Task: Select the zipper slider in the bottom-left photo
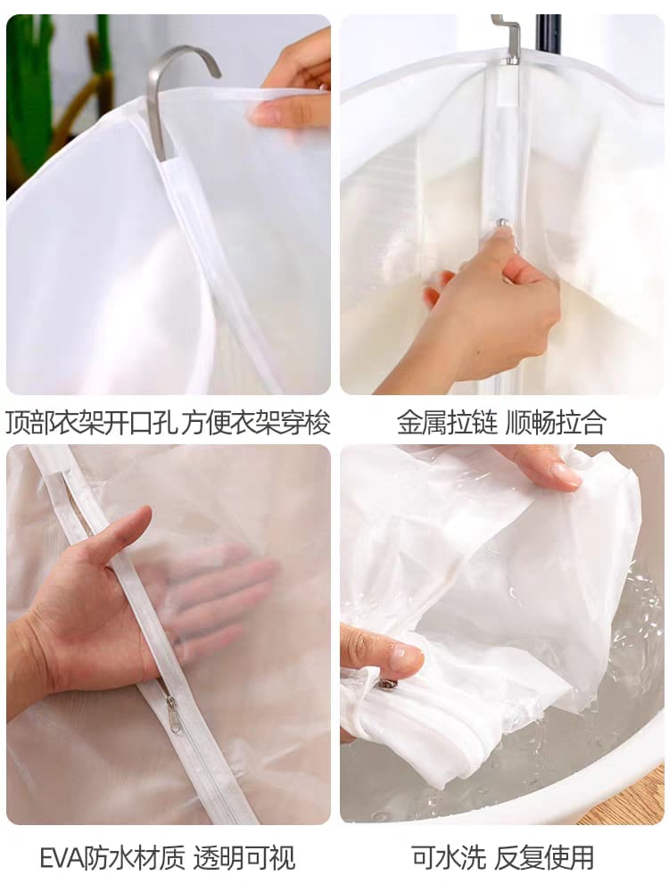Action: click(170, 709)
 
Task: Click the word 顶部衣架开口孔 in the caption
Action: click(90, 424)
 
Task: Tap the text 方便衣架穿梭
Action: click(256, 424)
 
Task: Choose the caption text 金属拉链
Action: click(447, 423)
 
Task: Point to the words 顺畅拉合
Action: click(556, 423)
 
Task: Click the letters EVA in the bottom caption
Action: click(62, 858)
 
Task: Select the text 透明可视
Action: click(244, 858)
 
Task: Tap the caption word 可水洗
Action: click(449, 857)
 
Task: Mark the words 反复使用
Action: click(544, 857)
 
